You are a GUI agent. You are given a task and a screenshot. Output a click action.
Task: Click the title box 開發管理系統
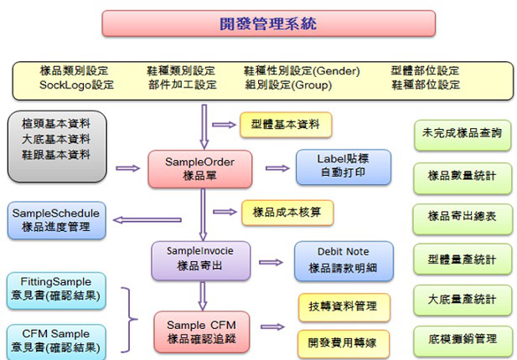click(268, 23)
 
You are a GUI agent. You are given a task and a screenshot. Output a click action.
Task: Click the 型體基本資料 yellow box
click(286, 125)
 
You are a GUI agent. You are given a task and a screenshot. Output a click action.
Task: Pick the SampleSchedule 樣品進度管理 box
click(56, 219)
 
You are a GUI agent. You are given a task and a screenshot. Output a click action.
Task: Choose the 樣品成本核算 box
click(287, 213)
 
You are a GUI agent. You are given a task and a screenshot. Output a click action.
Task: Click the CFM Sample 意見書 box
click(56, 340)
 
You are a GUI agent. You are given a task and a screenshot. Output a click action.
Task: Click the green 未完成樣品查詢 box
click(463, 134)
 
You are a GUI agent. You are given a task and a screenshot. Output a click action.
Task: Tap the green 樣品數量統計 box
click(463, 176)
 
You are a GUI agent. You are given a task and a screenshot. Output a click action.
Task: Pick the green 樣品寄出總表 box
click(463, 217)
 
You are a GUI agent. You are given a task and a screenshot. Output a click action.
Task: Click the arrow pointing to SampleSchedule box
click(135, 220)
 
